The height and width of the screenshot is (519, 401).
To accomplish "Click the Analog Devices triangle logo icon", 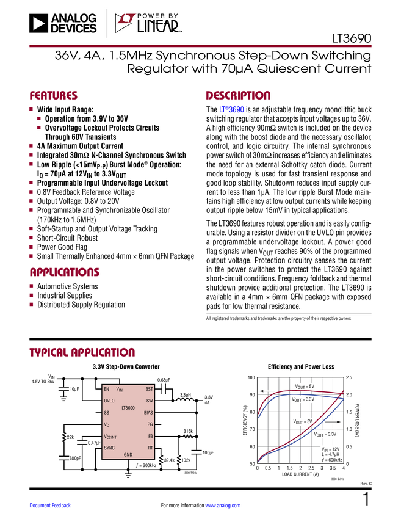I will (38, 24).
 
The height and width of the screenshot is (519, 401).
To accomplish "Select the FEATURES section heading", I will (54, 96).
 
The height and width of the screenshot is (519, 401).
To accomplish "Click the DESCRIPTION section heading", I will (239, 96).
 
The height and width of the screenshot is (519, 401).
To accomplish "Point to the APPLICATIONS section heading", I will (65, 273).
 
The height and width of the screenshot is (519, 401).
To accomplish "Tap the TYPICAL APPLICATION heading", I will (82, 353).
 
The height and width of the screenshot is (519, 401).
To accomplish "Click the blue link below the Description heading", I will (232, 111).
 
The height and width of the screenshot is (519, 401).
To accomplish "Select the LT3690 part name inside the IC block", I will (128, 407).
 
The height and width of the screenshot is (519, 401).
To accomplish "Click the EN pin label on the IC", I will (107, 389).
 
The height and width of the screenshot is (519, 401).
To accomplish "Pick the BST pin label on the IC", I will (149, 389).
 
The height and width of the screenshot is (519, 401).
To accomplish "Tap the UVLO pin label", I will (109, 401).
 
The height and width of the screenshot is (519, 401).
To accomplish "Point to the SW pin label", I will (150, 401).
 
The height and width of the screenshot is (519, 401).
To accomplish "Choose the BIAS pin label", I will (148, 413).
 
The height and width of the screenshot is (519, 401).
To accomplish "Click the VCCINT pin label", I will (110, 437).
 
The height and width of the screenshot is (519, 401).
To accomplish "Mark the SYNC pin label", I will (109, 448).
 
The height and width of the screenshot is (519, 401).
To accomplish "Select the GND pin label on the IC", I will (128, 455).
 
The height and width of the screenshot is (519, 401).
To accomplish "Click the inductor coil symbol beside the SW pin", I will (184, 401).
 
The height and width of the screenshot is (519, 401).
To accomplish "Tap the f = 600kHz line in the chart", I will (332, 459).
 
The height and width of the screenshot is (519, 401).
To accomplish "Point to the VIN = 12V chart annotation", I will (332, 448).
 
